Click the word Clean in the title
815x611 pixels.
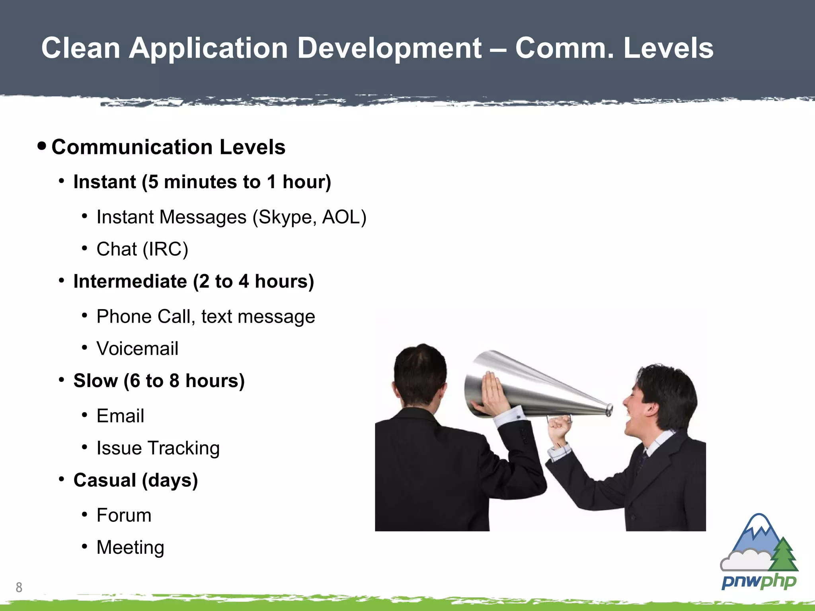(81, 48)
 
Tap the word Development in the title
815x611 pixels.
(389, 48)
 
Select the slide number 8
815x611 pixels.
(19, 587)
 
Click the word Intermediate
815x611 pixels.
(130, 281)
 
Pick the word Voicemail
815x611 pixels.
(137, 348)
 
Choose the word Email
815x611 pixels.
(120, 416)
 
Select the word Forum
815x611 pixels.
(124, 516)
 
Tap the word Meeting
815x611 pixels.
(130, 547)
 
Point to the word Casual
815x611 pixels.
(105, 480)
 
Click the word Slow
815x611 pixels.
(96, 381)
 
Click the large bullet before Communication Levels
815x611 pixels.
(42, 146)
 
